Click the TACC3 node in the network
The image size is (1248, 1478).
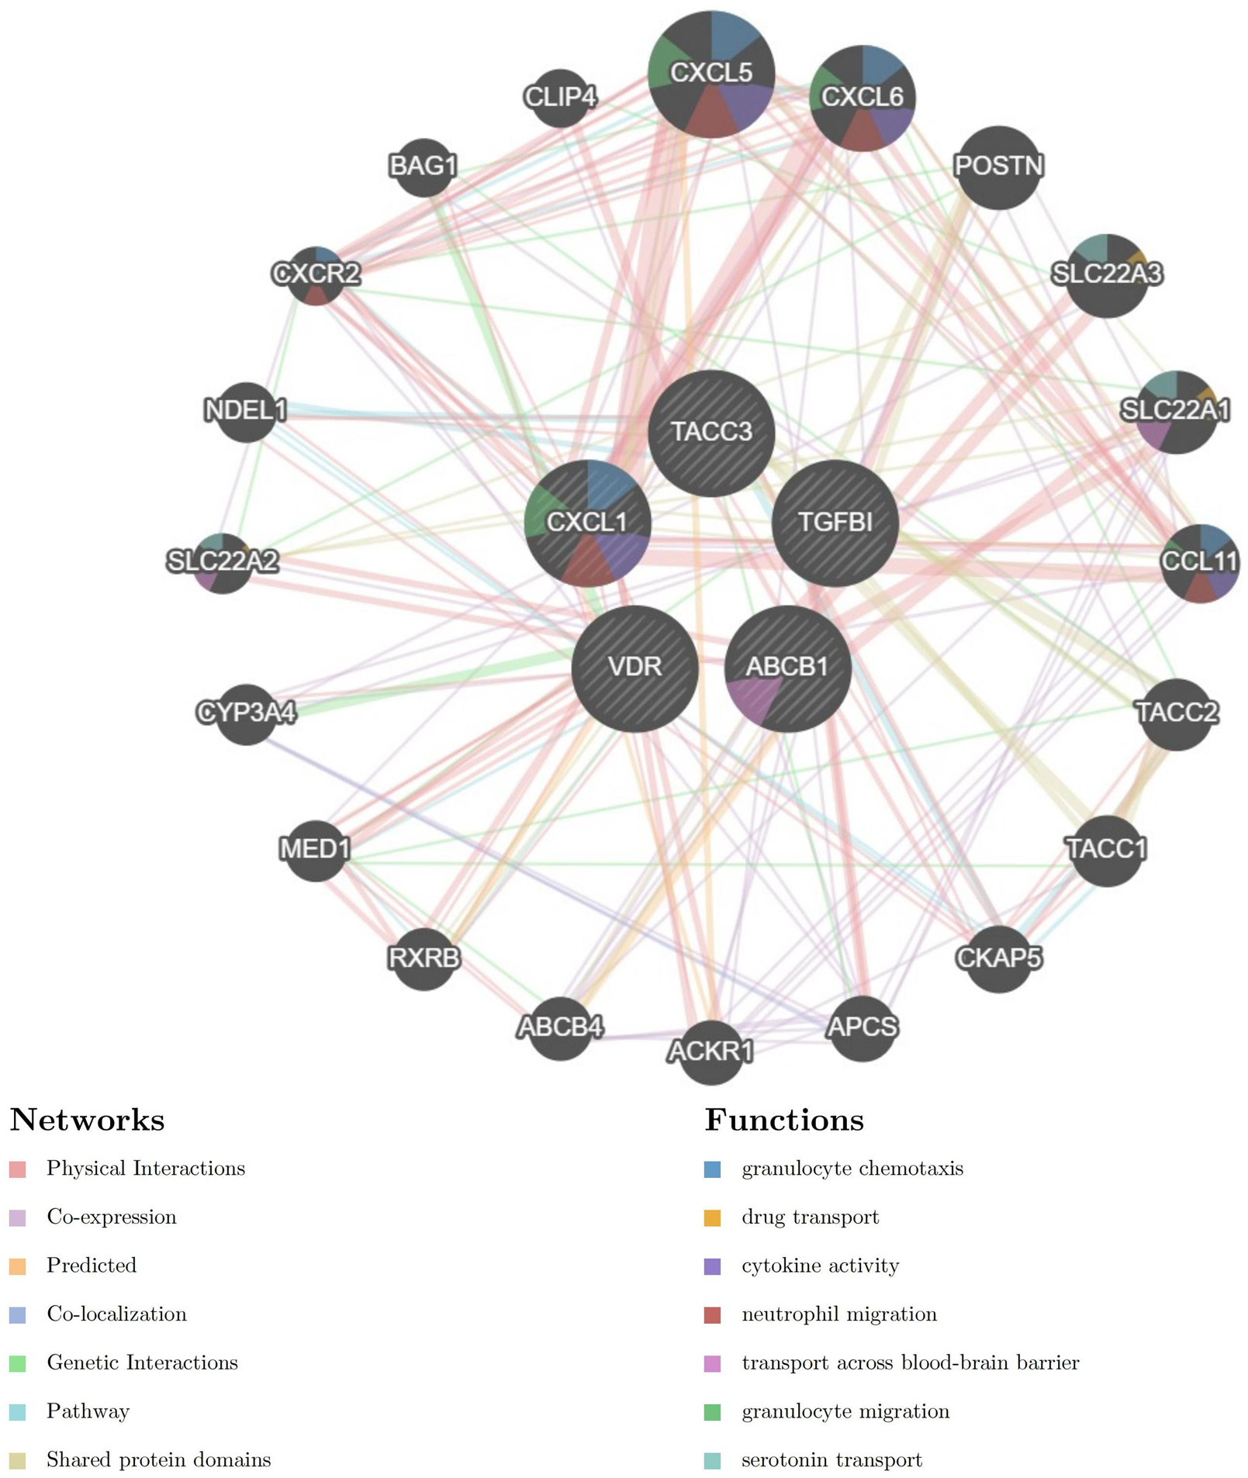711,433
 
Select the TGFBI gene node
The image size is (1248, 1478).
835,523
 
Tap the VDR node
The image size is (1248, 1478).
634,668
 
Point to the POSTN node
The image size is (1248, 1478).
998,167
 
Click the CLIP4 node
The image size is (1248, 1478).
560,98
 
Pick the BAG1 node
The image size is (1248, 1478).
423,167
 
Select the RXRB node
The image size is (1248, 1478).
423,959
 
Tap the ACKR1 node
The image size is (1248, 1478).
710,1052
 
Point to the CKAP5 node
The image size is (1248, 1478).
998,959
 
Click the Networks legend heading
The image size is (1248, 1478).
87,1121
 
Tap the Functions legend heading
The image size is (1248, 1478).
783,1121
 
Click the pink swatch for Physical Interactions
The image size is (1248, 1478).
18,1169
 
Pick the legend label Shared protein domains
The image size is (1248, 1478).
158,1460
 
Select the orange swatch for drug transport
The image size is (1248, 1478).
712,1218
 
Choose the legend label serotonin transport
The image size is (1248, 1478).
831,1460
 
